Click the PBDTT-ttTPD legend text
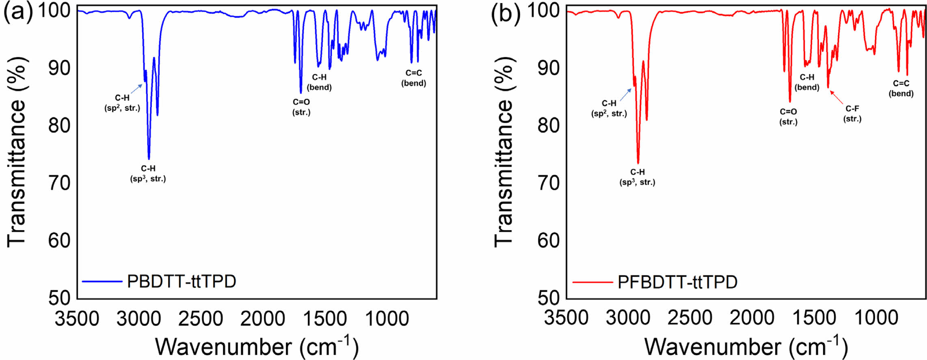point(182,281)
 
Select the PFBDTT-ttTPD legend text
point(677,282)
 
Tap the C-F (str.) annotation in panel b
point(852,114)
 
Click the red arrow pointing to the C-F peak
point(836,97)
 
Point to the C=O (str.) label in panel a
point(301,107)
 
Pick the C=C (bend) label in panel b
point(901,88)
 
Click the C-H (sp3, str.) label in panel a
point(148,174)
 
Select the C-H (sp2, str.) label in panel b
point(609,109)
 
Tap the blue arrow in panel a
point(137,88)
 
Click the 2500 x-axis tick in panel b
point(690,317)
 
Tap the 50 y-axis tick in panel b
point(549,298)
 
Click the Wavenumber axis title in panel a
point(257,346)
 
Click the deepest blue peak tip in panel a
point(149,159)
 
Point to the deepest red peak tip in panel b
point(638,163)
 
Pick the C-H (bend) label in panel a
point(319,82)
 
